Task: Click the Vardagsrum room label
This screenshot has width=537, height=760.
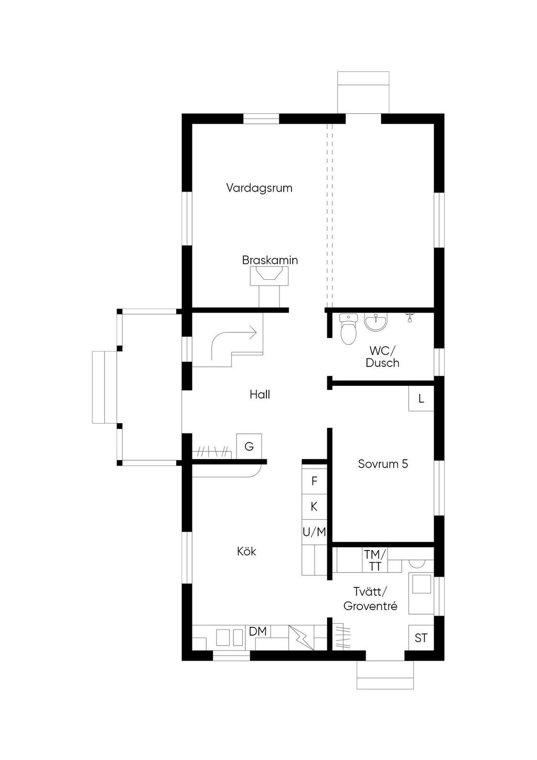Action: pos(260,188)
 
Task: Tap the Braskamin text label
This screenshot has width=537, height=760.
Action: pos(270,260)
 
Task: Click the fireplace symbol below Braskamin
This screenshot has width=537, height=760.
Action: pos(270,276)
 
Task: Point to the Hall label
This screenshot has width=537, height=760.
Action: pos(260,394)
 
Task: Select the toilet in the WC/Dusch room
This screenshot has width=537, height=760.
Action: pos(349,329)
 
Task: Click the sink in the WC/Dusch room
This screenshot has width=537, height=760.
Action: pos(375,321)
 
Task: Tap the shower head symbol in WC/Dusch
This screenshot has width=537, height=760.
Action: pos(410,317)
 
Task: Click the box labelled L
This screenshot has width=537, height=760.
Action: pos(421,399)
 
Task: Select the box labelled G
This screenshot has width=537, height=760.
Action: pos(249,447)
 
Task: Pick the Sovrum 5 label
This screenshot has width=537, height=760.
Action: pos(383,464)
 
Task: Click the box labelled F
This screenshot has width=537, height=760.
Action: pos(314,481)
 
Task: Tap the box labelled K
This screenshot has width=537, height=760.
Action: pos(314,507)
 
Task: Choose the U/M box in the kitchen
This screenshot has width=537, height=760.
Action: pos(314,532)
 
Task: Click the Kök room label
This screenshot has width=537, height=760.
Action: pos(246,551)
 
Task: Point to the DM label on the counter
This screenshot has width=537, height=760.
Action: pos(257,631)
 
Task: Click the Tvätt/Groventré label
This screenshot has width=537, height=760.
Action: pos(370,599)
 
